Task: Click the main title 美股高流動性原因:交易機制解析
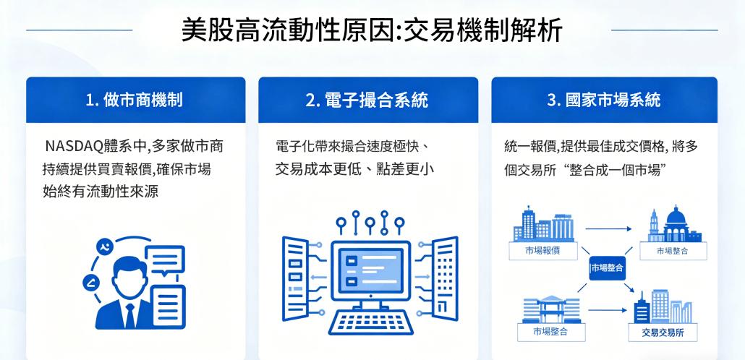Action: [372, 30]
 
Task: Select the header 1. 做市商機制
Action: [136, 100]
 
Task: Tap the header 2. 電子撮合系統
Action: [369, 100]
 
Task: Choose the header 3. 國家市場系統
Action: [604, 100]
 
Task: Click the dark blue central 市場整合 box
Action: [608, 267]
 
